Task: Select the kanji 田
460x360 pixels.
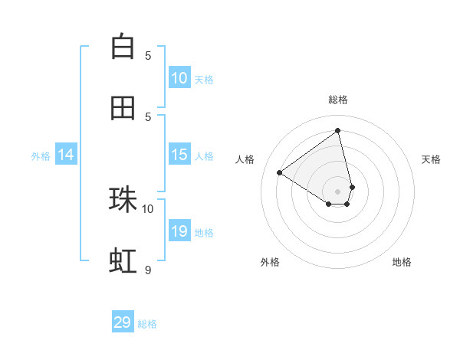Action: pyautogui.click(x=123, y=108)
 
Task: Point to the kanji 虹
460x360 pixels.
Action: pyautogui.click(x=123, y=261)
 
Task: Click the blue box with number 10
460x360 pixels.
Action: pyautogui.click(x=179, y=78)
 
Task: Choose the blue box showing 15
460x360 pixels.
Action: pyautogui.click(x=179, y=155)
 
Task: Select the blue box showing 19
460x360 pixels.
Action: pyautogui.click(x=179, y=231)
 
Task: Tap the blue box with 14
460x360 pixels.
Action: pyautogui.click(x=66, y=155)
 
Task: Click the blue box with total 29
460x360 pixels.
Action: pyautogui.click(x=123, y=322)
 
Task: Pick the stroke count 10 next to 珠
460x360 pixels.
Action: pyautogui.click(x=148, y=208)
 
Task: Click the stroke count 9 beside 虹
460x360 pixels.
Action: pyautogui.click(x=148, y=270)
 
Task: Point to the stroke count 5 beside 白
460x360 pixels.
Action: pyautogui.click(x=148, y=55)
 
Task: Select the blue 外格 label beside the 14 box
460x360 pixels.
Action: pyautogui.click(x=41, y=155)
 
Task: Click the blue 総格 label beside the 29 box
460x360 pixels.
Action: pyautogui.click(x=147, y=324)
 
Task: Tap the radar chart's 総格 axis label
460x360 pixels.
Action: pyautogui.click(x=338, y=100)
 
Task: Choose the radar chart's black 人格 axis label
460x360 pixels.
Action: pyautogui.click(x=245, y=159)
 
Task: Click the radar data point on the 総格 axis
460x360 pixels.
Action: pyautogui.click(x=338, y=130)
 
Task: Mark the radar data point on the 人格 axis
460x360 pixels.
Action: pyautogui.click(x=279, y=172)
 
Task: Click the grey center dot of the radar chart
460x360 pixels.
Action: pyautogui.click(x=338, y=191)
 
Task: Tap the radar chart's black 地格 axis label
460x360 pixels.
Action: pyautogui.click(x=402, y=262)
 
